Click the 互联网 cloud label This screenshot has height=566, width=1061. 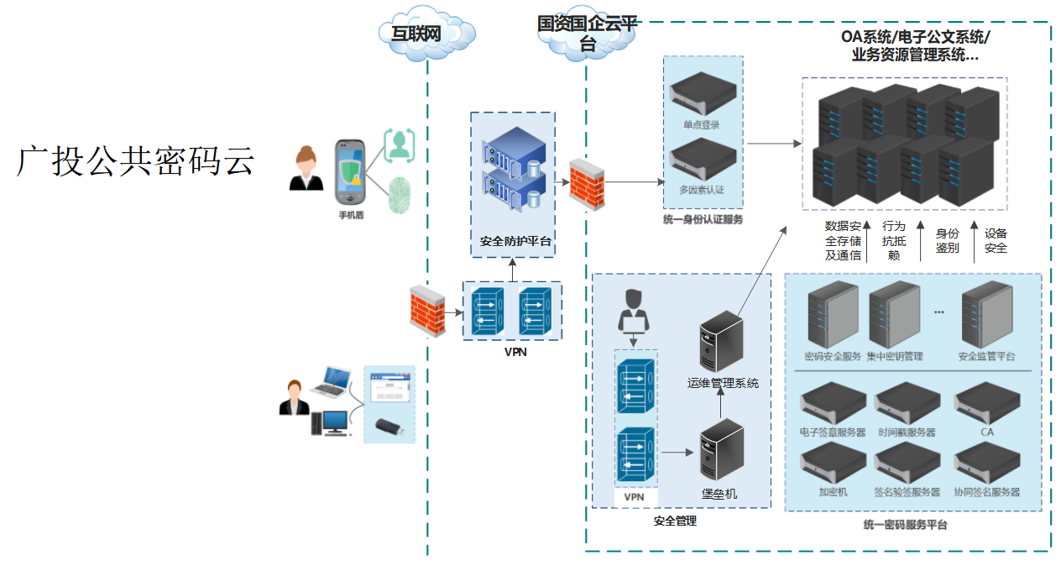pos(417,34)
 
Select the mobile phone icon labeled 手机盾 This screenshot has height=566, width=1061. pos(350,172)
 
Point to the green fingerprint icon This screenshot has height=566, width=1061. pos(400,196)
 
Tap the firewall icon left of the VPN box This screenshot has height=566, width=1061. pos(427,312)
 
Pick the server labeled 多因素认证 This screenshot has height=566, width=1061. pos(701,159)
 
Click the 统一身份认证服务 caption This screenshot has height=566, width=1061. pos(703,220)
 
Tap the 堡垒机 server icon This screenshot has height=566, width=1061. pos(722,450)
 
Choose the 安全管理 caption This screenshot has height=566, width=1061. pos(675,521)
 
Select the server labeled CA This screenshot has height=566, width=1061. pos(986,402)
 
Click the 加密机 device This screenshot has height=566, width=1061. pos(833,461)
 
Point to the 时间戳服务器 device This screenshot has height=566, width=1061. pos(907,402)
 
